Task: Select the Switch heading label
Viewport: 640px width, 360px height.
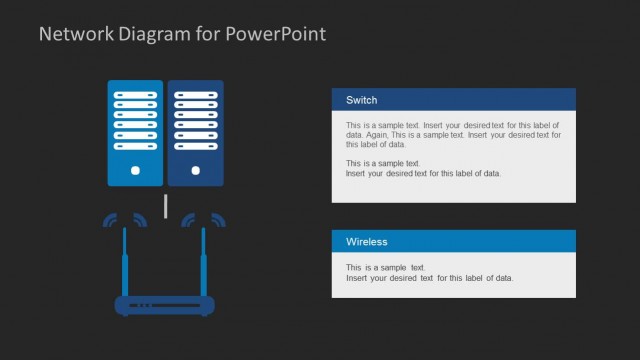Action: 361,100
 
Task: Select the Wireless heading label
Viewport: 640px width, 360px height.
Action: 366,242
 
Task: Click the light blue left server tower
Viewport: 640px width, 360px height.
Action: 135,133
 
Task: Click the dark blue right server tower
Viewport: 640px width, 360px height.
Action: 196,133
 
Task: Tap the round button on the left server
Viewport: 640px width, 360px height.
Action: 135,171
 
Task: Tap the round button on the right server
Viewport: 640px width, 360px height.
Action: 196,171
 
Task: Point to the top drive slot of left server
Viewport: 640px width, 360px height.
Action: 135,94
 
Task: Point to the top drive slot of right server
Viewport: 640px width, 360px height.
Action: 196,94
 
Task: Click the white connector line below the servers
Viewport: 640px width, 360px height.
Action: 166,207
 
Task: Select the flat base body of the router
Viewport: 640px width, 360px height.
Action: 165,306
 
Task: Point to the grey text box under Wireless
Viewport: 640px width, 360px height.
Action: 454,275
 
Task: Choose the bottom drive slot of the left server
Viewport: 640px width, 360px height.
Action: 135,147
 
